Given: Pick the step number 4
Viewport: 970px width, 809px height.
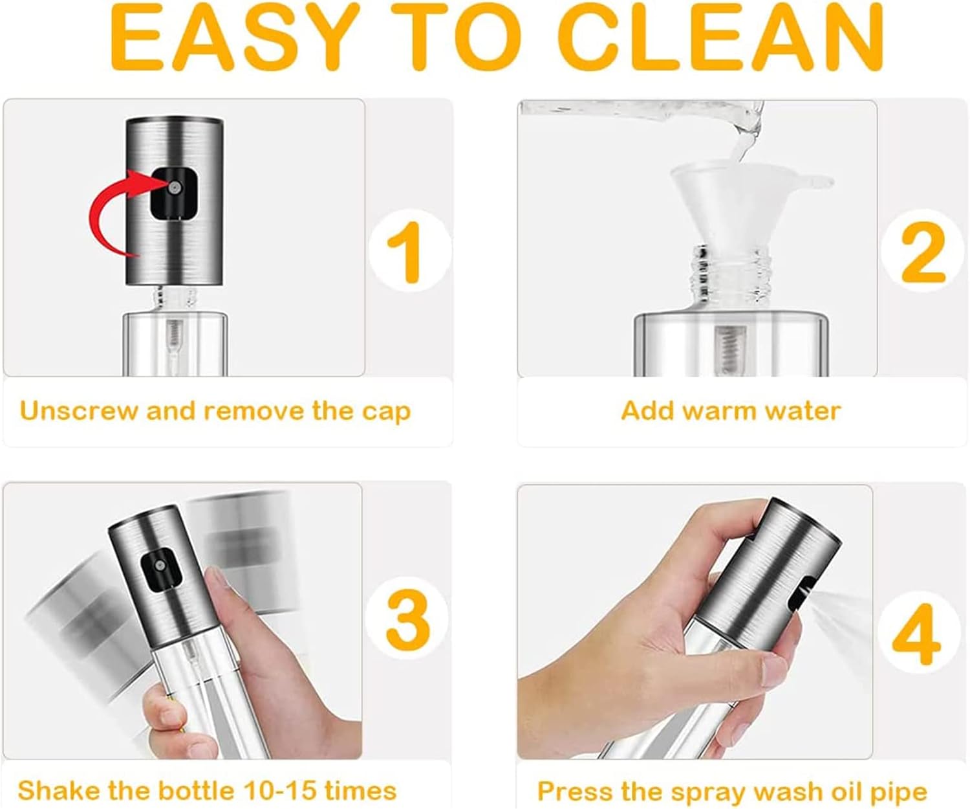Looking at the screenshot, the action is point(916,633).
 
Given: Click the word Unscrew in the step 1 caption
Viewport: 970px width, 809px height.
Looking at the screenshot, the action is point(78,411).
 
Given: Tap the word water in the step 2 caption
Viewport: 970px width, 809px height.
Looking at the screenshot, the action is point(804,412).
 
